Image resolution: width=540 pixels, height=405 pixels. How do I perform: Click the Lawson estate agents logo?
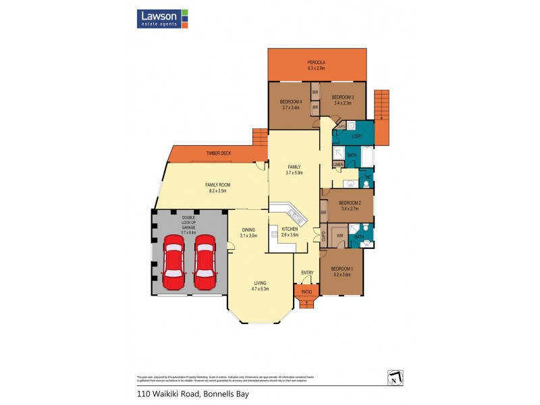tap(163, 18)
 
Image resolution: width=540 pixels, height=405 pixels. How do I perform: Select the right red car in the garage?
tap(205, 263)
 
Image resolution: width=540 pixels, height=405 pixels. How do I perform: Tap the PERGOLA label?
tap(317, 63)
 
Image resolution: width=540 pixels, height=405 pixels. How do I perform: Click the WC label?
tap(367, 178)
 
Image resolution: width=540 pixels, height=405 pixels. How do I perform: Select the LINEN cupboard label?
tap(338, 164)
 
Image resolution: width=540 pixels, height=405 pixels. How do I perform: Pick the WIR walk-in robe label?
tap(340, 236)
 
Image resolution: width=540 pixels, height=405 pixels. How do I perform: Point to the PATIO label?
tap(306, 292)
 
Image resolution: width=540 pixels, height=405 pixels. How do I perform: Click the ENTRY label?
tap(307, 273)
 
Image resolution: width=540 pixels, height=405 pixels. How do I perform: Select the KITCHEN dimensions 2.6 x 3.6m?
tap(290, 235)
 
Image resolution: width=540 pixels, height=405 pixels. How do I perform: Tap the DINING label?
tap(248, 230)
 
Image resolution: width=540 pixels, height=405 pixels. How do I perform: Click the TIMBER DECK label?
tap(219, 154)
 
